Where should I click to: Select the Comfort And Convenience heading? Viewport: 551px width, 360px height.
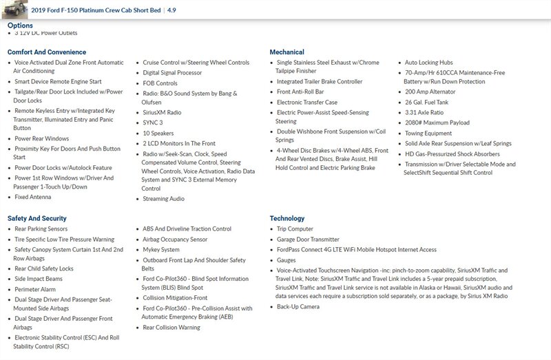(47, 52)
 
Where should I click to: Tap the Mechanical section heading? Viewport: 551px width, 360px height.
(287, 52)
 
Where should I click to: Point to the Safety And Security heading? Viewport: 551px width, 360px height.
(37, 218)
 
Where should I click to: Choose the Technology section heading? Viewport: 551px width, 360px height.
(287, 218)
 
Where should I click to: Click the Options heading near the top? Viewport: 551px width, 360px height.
(20, 25)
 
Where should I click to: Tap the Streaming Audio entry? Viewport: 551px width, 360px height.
(163, 199)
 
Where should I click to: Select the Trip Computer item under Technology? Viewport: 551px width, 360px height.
(295, 229)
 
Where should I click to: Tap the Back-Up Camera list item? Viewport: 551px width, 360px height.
(298, 306)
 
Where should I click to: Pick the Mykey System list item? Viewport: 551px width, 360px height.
(161, 250)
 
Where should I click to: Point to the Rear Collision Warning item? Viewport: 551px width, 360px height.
(171, 328)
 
